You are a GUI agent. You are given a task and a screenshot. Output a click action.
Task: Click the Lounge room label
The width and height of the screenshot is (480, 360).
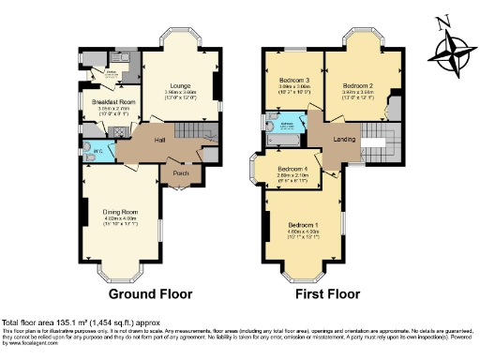pyautogui.click(x=182, y=82)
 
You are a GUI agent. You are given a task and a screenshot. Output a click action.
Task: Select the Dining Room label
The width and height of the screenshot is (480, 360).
pyautogui.click(x=120, y=213)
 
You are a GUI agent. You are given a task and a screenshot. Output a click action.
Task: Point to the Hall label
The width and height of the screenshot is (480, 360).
pyautogui.click(x=159, y=140)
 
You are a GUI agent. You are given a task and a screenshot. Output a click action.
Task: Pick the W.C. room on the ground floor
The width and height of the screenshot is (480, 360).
pyautogui.click(x=97, y=151)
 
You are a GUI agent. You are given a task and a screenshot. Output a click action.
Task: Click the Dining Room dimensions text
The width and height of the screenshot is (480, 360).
pyautogui.click(x=120, y=222)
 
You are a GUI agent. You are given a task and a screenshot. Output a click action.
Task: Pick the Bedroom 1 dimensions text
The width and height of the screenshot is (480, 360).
pyautogui.click(x=302, y=233)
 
